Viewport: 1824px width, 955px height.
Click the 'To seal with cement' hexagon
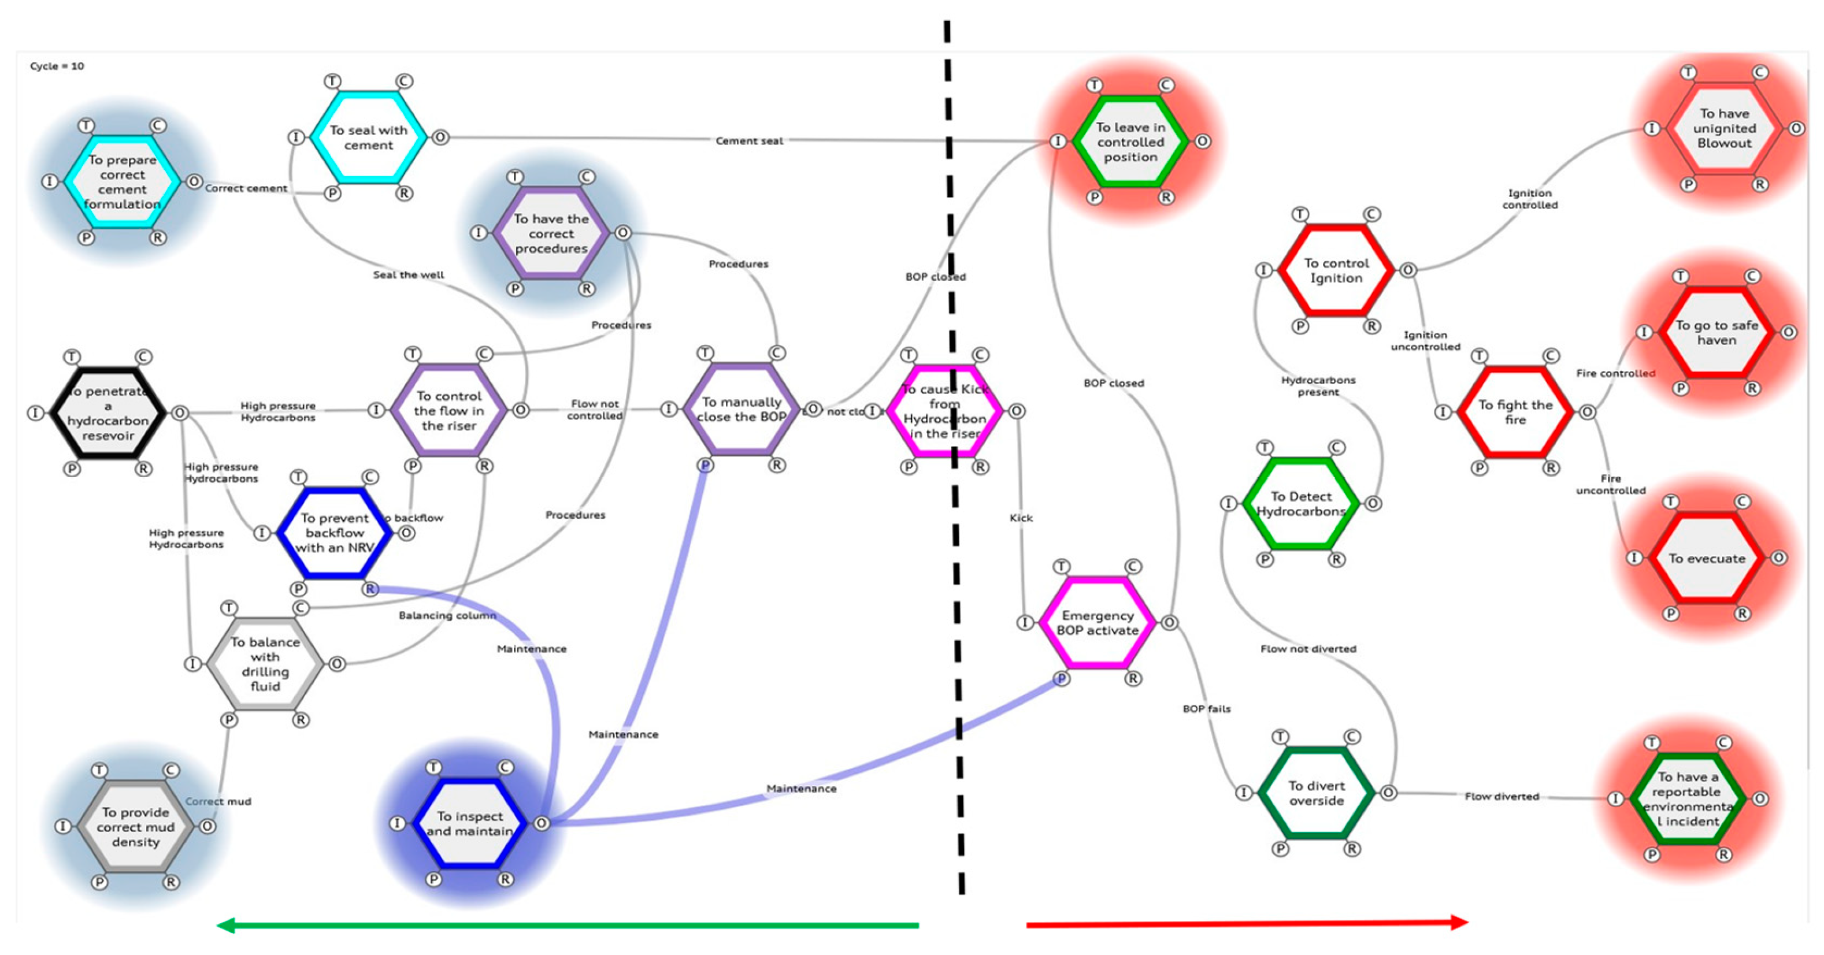click(368, 138)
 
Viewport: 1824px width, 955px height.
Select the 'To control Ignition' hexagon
click(1336, 270)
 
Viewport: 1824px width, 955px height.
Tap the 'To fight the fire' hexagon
click(1515, 412)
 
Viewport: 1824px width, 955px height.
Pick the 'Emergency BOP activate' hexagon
click(1098, 623)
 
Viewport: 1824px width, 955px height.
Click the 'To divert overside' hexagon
click(1317, 793)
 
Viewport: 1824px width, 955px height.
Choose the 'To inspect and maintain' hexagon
click(469, 823)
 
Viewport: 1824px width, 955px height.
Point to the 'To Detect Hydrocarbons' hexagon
click(1301, 504)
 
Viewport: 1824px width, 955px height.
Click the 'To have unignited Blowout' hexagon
click(1724, 128)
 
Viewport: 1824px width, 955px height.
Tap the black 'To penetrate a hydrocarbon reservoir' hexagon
click(108, 413)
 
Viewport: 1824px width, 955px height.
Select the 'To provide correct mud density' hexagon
click(135, 827)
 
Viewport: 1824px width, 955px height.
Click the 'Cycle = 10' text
click(57, 66)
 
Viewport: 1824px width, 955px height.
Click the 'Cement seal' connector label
click(749, 141)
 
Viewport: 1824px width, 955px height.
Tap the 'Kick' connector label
click(1020, 518)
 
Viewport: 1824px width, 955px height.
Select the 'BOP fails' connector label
click(1207, 709)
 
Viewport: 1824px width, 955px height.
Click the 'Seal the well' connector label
click(409, 274)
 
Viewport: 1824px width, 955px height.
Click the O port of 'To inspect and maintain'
click(542, 823)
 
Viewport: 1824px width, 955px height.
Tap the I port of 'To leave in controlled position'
click(1058, 142)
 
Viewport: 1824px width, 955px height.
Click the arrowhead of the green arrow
click(225, 926)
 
